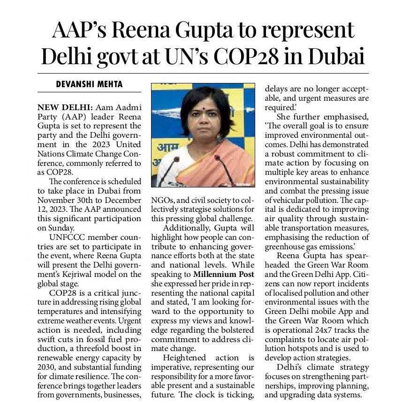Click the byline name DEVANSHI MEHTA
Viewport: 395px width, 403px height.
coord(89,84)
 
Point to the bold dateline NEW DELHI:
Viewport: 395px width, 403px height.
coord(62,108)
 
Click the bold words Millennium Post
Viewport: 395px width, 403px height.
coord(224,274)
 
